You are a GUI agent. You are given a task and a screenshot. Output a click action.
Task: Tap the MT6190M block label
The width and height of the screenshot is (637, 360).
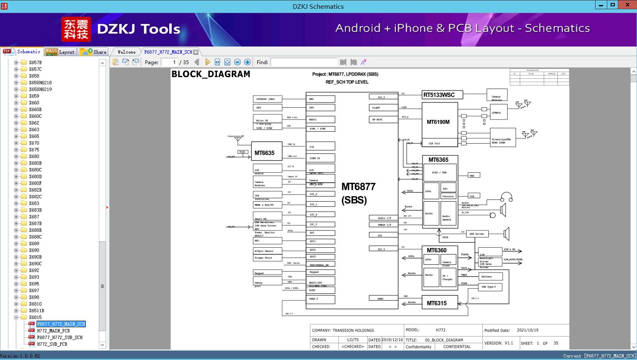438,122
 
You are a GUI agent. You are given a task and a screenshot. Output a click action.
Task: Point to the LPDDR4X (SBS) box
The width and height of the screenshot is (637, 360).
268,99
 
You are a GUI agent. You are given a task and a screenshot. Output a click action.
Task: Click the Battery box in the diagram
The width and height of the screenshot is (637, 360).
490,277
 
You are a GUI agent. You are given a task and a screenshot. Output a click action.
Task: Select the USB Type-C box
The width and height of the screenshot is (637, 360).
490,287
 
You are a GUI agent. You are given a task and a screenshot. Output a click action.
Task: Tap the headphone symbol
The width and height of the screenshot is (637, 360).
507,197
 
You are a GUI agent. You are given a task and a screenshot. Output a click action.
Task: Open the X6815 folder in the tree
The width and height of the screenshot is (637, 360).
35,317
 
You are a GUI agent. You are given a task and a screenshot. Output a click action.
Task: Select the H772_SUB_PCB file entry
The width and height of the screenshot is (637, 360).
52,344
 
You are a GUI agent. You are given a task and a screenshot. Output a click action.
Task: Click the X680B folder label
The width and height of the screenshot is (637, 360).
35,163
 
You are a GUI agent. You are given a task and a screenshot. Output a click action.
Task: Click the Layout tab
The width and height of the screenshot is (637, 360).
61,52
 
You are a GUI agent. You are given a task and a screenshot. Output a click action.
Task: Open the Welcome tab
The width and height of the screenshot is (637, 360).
126,52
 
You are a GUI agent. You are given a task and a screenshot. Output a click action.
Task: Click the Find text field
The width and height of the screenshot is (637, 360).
303,62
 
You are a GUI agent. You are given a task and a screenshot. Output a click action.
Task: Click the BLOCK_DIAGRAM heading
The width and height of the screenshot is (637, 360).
211,74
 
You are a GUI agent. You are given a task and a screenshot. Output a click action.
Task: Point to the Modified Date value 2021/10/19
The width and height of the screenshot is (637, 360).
527,330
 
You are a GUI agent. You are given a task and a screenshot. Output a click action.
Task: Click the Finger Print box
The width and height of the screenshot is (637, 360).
268,258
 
